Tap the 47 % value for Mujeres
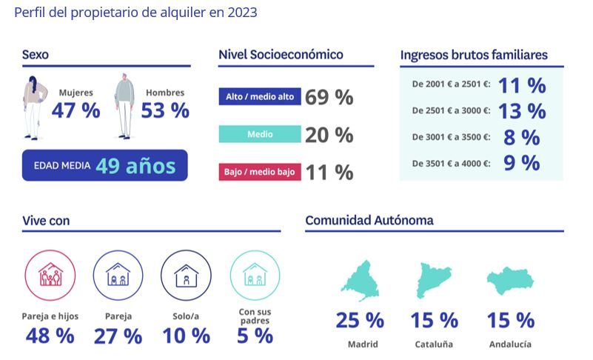click(x=76, y=111)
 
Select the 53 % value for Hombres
click(x=164, y=111)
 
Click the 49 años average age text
click(x=135, y=166)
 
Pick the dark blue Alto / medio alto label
click(x=260, y=97)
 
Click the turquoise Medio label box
click(x=260, y=134)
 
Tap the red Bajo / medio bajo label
click(x=260, y=172)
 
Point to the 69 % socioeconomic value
click(x=329, y=97)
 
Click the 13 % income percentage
click(x=521, y=111)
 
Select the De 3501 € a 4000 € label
click(x=451, y=163)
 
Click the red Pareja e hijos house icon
click(x=50, y=275)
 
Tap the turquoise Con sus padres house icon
click(x=255, y=275)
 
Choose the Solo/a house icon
click(x=186, y=275)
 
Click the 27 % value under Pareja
click(x=118, y=336)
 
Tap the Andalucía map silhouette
click(x=510, y=282)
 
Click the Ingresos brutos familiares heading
click(x=474, y=55)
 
